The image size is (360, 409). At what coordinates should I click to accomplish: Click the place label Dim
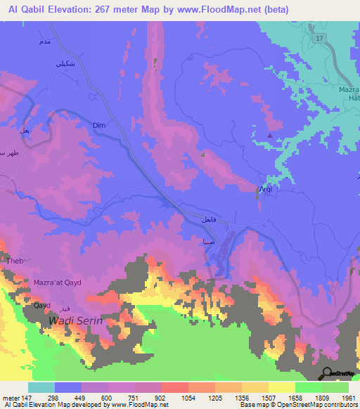98,125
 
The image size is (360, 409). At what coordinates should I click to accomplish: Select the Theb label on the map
15,261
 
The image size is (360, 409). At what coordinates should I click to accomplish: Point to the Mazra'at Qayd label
58,283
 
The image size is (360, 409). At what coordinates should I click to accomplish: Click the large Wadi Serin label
75,320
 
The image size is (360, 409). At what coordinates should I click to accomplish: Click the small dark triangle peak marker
269,136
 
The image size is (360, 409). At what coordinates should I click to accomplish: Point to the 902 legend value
162,398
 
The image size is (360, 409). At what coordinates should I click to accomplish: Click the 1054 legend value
188,398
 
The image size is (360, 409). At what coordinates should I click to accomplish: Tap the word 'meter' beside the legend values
10,398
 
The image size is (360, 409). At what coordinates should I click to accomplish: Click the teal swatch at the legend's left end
41,387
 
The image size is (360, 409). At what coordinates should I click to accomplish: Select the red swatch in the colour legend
175,387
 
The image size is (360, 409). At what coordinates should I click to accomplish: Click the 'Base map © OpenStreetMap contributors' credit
297,405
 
